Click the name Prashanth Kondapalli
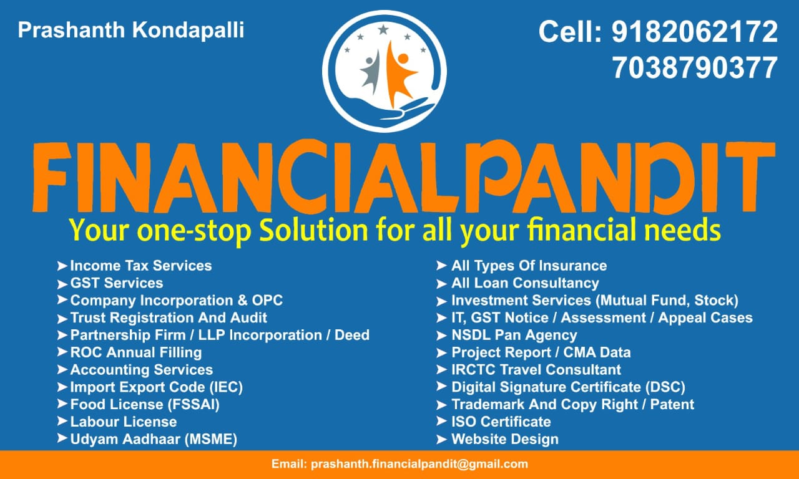tap(131, 30)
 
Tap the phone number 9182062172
tap(695, 32)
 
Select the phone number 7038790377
tap(695, 68)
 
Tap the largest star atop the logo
tap(383, 29)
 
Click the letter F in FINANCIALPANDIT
tap(51, 177)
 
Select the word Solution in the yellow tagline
tap(313, 230)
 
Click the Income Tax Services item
tap(141, 266)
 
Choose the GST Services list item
tap(117, 283)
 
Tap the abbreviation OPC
tap(268, 301)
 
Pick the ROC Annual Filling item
tap(136, 353)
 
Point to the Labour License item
tap(124, 422)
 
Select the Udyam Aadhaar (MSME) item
tap(154, 440)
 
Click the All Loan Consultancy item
tap(525, 283)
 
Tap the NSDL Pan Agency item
tap(514, 336)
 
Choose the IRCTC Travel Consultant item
tap(536, 370)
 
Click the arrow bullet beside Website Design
tap(441, 440)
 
